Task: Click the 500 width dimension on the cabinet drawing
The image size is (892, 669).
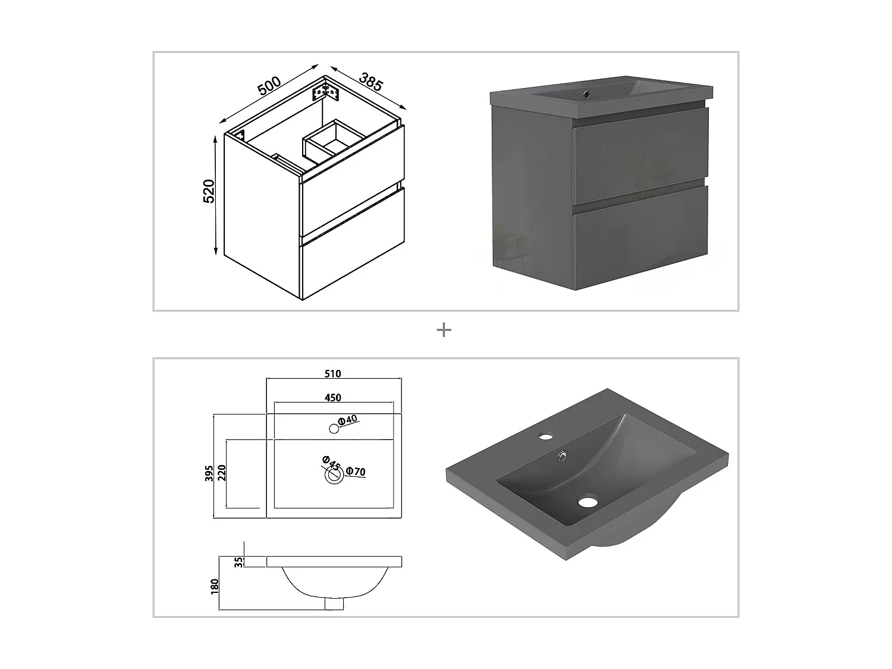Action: [269, 86]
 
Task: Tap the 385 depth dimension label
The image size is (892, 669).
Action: [370, 81]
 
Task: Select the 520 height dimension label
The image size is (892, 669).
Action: [209, 191]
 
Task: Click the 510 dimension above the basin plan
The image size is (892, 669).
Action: [333, 373]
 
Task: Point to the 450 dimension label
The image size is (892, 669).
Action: [333, 398]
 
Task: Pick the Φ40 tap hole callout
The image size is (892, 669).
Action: [347, 420]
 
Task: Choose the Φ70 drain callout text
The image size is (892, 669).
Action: [356, 472]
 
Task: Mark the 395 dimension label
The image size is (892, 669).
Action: [209, 473]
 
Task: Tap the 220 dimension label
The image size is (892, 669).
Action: [222, 473]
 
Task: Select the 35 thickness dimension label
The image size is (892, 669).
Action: [239, 562]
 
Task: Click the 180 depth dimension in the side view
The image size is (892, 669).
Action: [215, 586]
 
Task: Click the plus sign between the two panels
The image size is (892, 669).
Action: [444, 330]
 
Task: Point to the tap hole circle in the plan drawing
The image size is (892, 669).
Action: [334, 429]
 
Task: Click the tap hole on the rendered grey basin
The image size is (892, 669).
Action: [546, 437]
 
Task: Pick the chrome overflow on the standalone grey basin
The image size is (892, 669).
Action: [563, 457]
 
